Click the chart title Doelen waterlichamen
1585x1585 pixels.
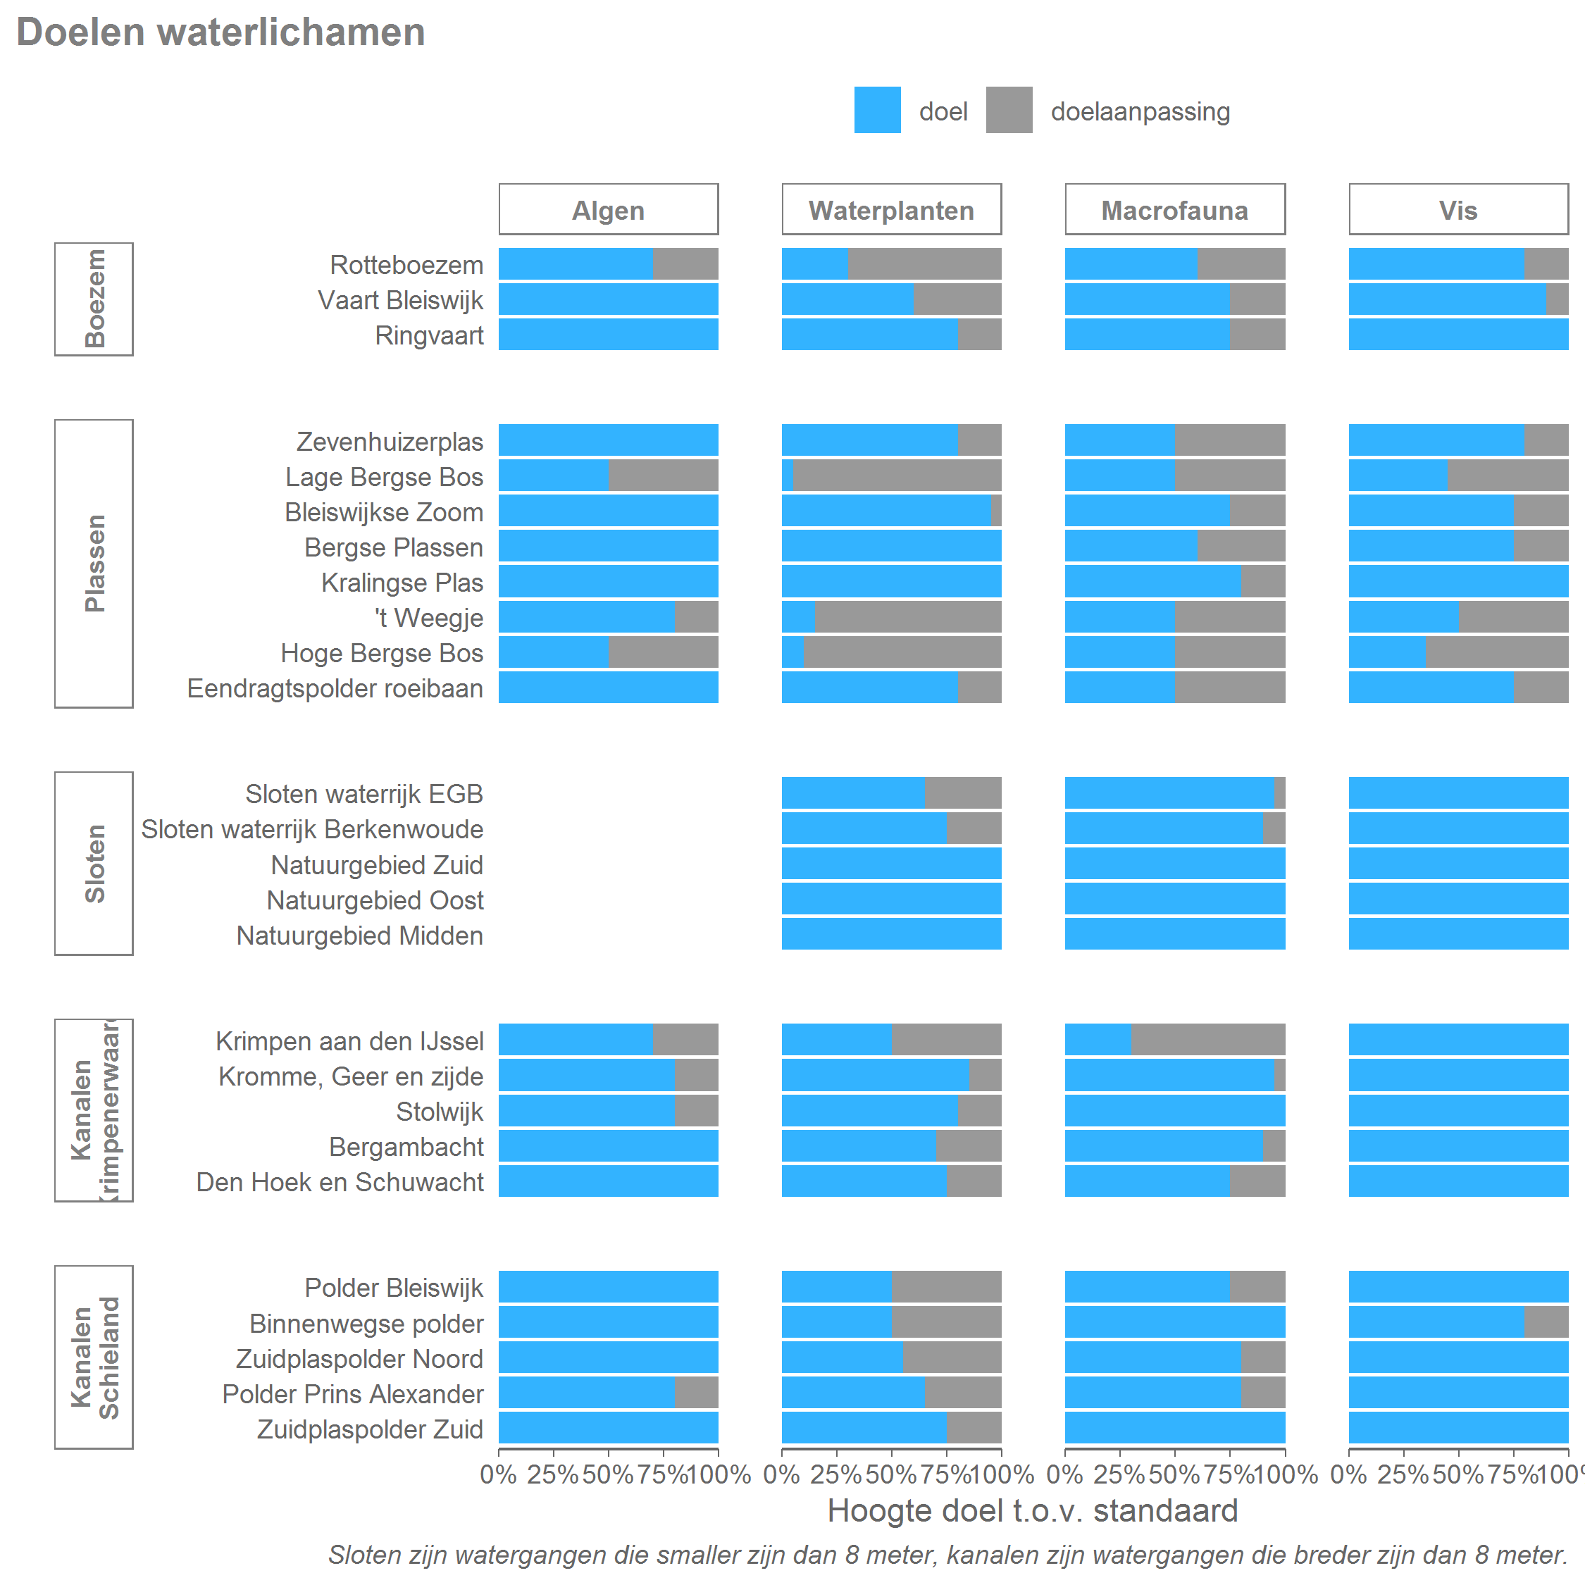220,33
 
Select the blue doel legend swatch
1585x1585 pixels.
877,110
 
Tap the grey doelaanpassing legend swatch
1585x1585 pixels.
1009,110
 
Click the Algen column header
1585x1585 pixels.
608,210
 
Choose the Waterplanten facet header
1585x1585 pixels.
891,210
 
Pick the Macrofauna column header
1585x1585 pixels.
1174,210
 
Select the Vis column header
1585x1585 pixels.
1457,210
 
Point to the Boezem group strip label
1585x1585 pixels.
94,299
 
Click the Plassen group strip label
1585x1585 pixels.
94,563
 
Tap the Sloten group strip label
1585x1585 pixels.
94,863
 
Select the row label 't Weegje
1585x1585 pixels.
429,618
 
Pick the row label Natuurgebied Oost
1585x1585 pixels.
375,900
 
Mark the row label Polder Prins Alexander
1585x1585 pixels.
353,1394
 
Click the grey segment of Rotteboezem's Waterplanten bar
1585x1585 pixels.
924,264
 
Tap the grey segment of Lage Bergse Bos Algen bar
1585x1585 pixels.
663,475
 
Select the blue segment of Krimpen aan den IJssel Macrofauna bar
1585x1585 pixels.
1098,1040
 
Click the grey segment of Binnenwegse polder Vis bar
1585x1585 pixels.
1546,1322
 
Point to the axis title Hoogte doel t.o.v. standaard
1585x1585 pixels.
1032,1511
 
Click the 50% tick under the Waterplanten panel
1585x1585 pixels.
891,1475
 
